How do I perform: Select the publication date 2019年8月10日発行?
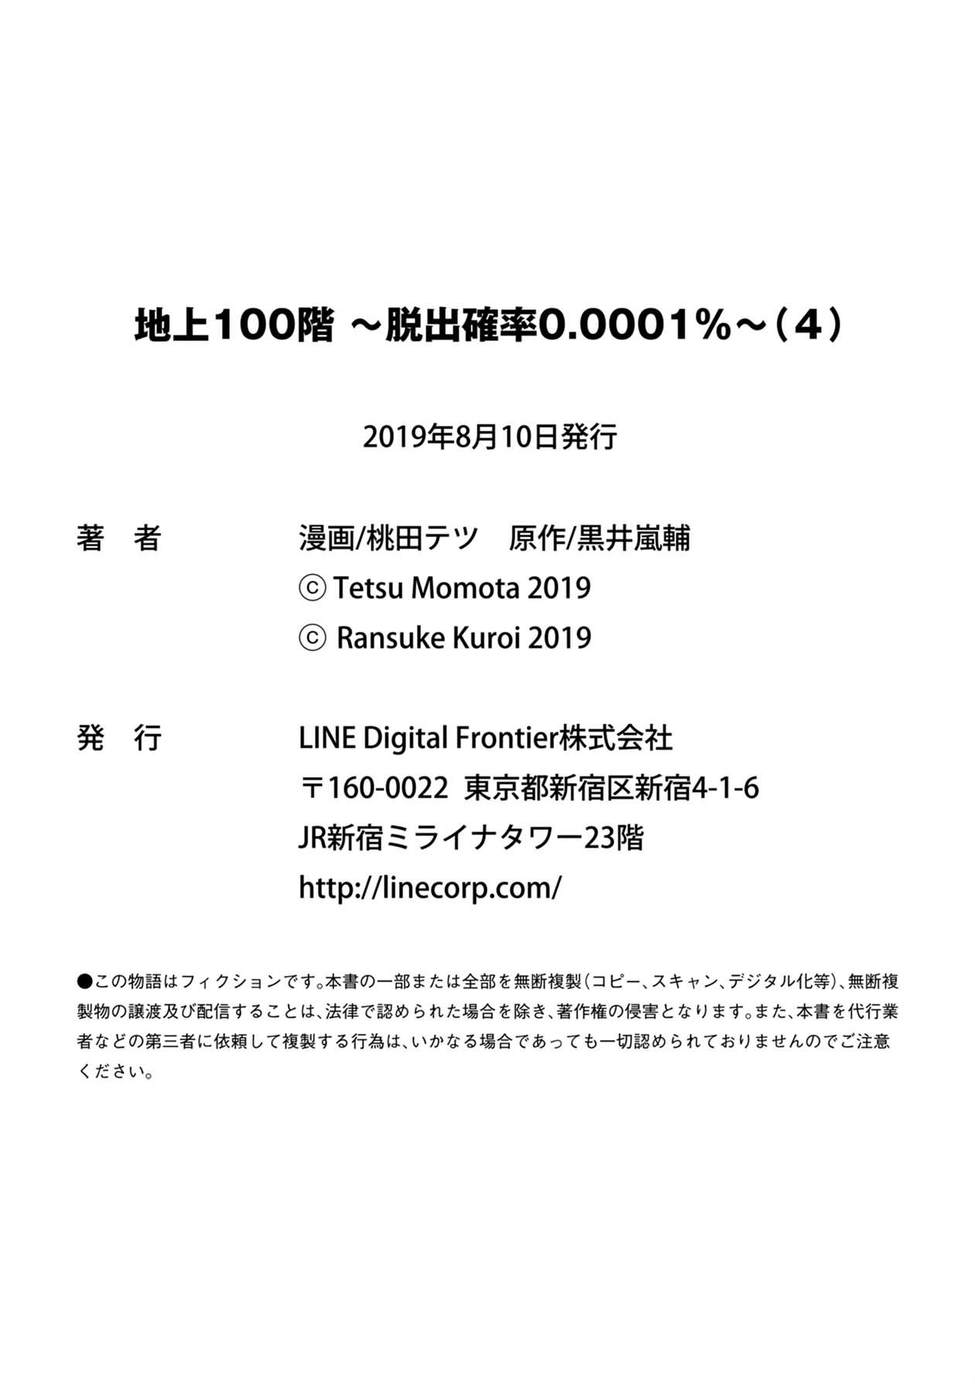click(490, 437)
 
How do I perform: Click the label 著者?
click(118, 537)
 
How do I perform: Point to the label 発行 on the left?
click(118, 738)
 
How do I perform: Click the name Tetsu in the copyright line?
click(368, 588)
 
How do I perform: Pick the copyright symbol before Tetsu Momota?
click(312, 588)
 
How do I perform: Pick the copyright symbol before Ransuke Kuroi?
click(312, 639)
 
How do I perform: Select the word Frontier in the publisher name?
click(507, 738)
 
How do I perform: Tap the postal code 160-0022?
click(388, 788)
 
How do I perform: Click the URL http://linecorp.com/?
click(429, 888)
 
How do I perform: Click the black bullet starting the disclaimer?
click(84, 981)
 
